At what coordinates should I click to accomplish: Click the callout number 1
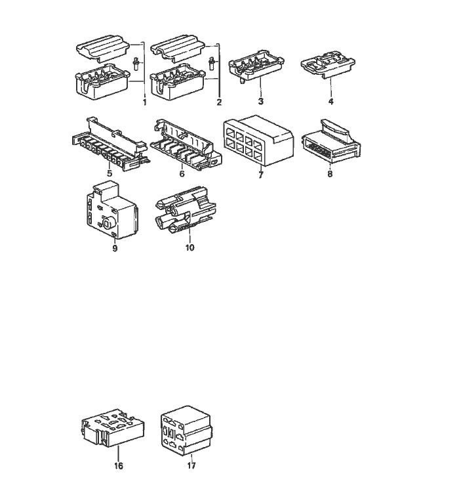pyautogui.click(x=144, y=102)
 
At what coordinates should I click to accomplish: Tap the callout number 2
pyautogui.click(x=219, y=102)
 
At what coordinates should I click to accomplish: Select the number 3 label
pyautogui.click(x=260, y=101)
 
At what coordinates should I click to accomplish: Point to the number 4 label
pyautogui.click(x=331, y=101)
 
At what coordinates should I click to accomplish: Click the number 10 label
pyautogui.click(x=190, y=247)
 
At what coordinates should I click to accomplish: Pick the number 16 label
pyautogui.click(x=119, y=466)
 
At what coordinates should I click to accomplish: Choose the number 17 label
pyautogui.click(x=191, y=466)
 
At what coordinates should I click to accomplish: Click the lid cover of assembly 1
pyautogui.click(x=103, y=48)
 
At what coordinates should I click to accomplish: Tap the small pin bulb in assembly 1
pyautogui.click(x=136, y=64)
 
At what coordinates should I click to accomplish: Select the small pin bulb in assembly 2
pyautogui.click(x=212, y=64)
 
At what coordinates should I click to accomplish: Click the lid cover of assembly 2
pyautogui.click(x=178, y=48)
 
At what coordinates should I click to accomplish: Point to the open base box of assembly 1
pyautogui.click(x=103, y=82)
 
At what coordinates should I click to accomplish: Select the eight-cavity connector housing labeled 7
pyautogui.click(x=258, y=140)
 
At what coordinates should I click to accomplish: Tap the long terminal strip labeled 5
pyautogui.click(x=110, y=143)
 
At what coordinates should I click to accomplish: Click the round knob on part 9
pyautogui.click(x=110, y=223)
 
